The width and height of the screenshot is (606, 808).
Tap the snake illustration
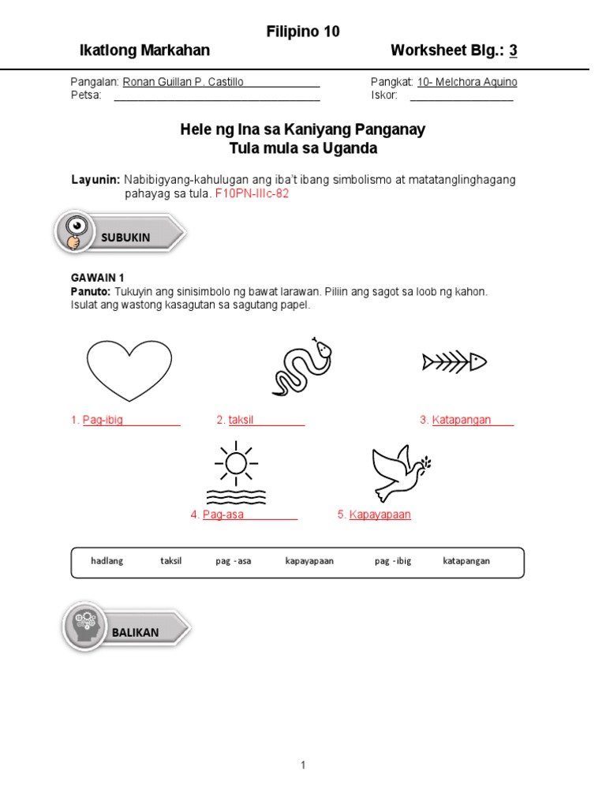point(302,367)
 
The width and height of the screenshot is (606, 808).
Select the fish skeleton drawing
point(454,362)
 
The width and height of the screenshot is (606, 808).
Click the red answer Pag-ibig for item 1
point(103,420)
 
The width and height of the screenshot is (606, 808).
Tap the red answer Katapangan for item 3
point(462,420)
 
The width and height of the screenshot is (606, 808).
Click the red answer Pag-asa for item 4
point(223,514)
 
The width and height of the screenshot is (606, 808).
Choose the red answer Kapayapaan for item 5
point(380,514)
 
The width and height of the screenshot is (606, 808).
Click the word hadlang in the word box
point(107,561)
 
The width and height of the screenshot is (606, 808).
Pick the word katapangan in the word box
point(466,561)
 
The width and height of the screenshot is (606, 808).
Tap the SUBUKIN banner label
point(125,238)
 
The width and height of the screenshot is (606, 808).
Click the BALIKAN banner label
point(135,632)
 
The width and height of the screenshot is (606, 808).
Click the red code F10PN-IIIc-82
point(252,194)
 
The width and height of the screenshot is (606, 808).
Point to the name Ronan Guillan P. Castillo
point(183,82)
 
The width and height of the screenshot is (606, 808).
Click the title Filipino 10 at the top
point(303,32)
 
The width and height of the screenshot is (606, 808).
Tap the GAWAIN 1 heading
point(98,278)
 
